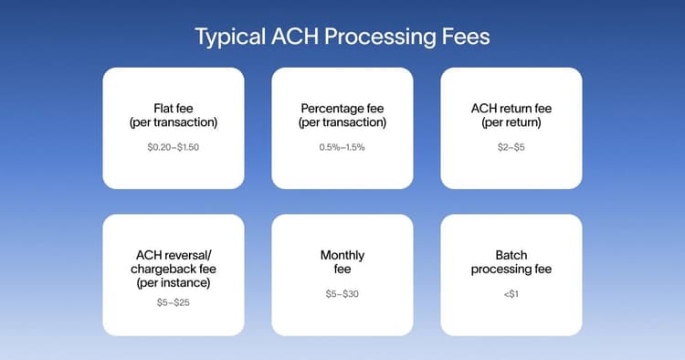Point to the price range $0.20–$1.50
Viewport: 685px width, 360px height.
pos(174,147)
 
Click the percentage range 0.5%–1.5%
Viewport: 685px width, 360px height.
pos(342,147)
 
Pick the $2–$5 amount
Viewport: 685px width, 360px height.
pos(511,147)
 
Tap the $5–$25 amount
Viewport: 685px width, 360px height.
pos(174,301)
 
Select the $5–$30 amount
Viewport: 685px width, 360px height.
pos(342,294)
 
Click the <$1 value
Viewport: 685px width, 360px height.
pos(511,294)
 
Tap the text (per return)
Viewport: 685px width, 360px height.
pos(511,122)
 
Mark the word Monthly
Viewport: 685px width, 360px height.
pos(342,256)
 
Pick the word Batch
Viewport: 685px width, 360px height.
pos(511,256)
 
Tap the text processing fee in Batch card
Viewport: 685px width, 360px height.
pos(511,270)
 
